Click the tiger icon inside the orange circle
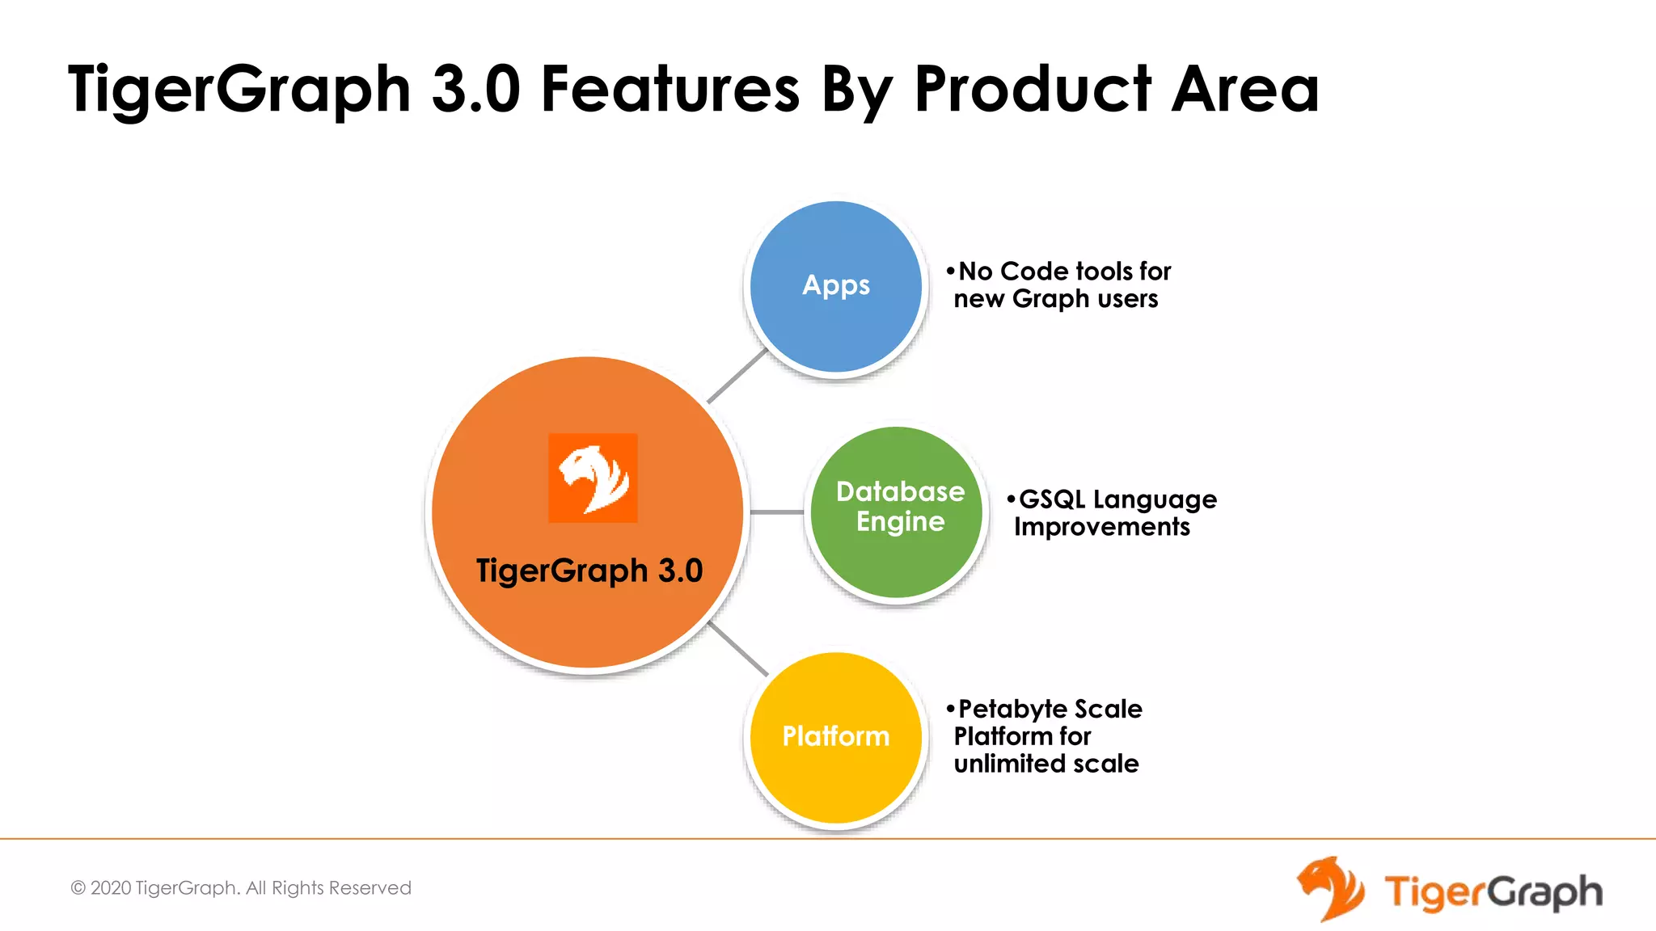(x=593, y=478)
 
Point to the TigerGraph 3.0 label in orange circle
(x=589, y=571)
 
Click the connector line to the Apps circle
(x=737, y=376)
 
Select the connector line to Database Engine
(x=776, y=512)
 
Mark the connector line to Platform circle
(x=737, y=648)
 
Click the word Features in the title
(x=670, y=89)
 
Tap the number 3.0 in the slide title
(x=475, y=89)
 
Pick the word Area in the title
(x=1245, y=89)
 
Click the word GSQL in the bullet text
(x=1051, y=499)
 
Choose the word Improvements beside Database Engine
(x=1101, y=527)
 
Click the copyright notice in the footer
(x=241, y=888)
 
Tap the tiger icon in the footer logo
(x=1330, y=889)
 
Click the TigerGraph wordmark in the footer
(x=1493, y=892)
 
